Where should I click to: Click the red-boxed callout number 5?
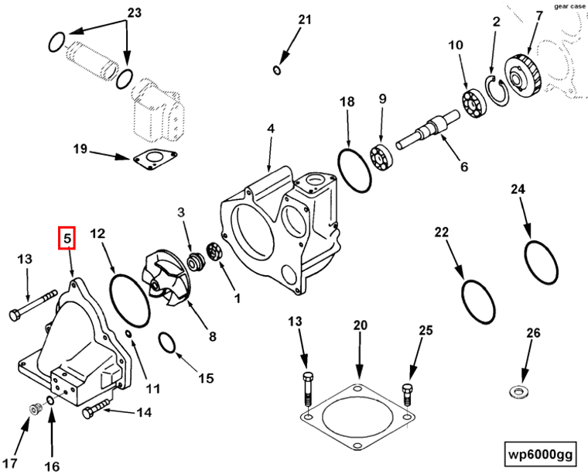coord(67,239)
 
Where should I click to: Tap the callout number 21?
coord(304,19)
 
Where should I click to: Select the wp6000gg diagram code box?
coord(538,453)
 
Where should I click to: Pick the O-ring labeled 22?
coord(477,302)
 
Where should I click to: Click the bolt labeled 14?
coord(97,410)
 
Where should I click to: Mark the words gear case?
coord(571,5)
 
